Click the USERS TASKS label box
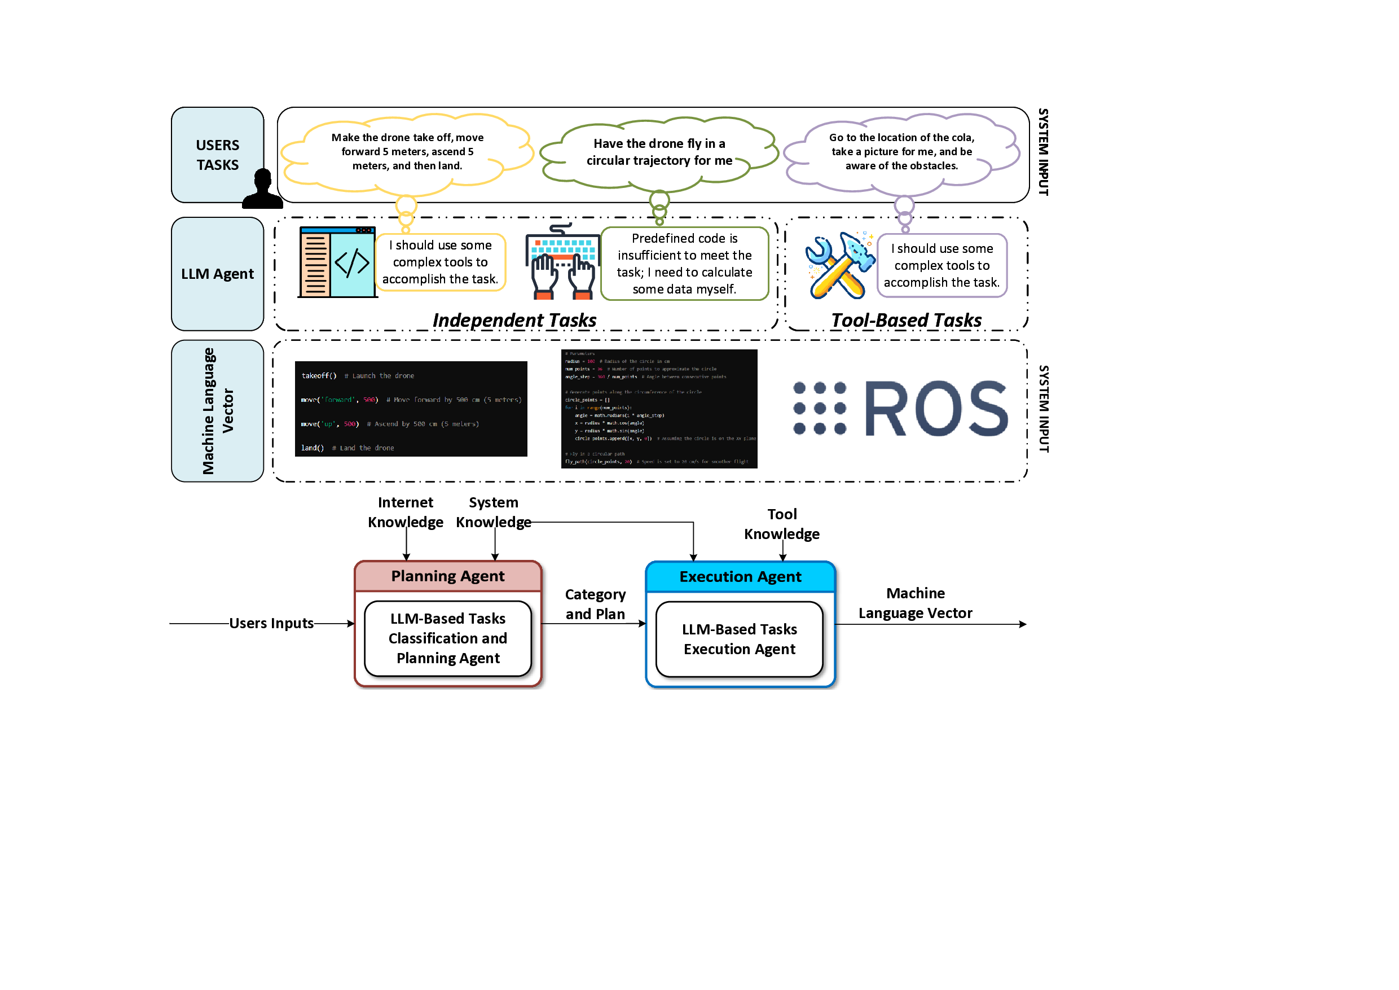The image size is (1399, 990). [x=217, y=155]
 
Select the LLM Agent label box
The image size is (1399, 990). [x=217, y=274]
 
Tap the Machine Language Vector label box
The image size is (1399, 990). [x=217, y=411]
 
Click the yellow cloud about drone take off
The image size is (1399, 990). [x=407, y=152]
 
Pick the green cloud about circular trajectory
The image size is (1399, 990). [x=659, y=152]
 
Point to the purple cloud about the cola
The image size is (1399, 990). [x=901, y=152]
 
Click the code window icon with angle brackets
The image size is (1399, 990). [x=337, y=262]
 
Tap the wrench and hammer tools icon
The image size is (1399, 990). [x=839, y=265]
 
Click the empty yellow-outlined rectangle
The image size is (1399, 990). [x=441, y=262]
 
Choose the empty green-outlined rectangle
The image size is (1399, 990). [x=684, y=264]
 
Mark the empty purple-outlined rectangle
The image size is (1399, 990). [x=942, y=265]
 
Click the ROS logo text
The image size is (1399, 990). [x=936, y=409]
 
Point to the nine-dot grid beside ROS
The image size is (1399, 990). [x=820, y=409]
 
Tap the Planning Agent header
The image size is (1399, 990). [x=448, y=576]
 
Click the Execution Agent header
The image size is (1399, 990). [x=740, y=577]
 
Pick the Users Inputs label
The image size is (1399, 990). [x=271, y=623]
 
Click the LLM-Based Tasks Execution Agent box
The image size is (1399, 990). [x=739, y=639]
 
